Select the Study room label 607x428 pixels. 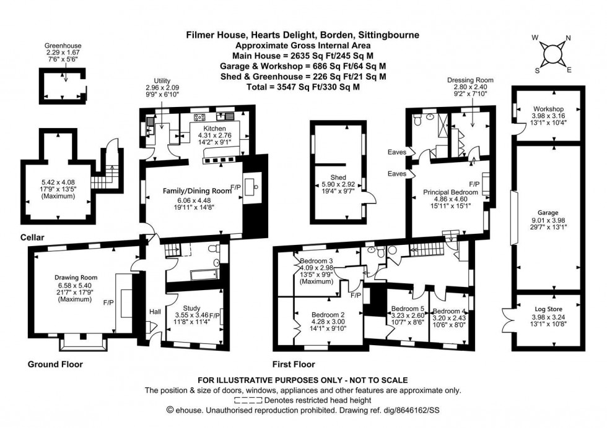coord(192,307)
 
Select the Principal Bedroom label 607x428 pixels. coord(450,192)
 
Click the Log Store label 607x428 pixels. coord(546,308)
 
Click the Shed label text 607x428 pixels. coord(338,177)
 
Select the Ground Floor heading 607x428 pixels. coord(55,364)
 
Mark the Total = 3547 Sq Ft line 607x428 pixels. coord(303,87)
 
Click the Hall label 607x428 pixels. coord(155,312)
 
